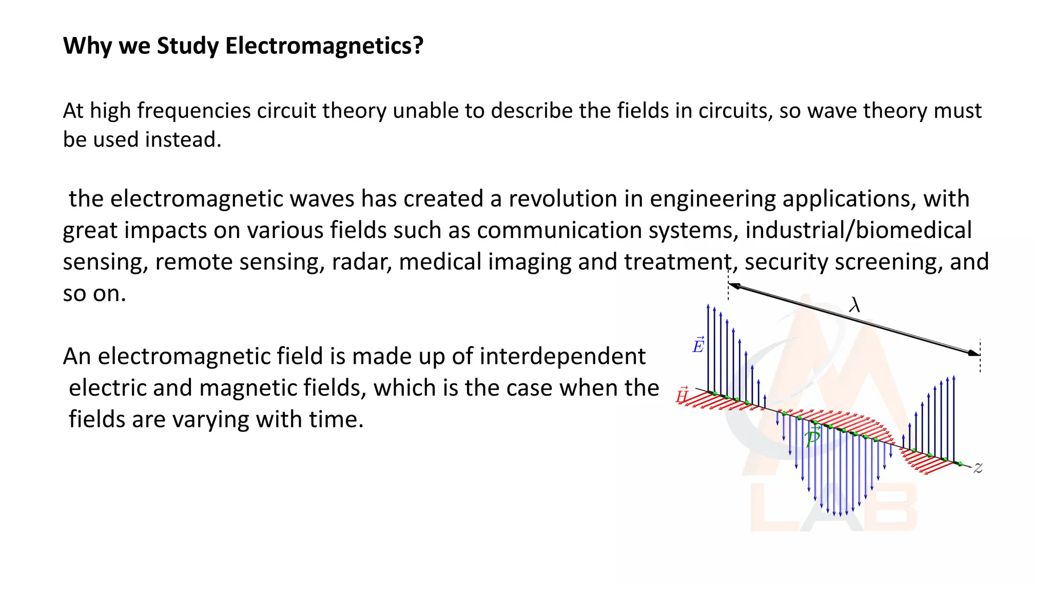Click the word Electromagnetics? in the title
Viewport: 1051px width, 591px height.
tap(324, 46)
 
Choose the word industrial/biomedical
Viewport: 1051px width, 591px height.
tap(858, 230)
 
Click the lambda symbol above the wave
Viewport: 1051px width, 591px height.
tap(854, 305)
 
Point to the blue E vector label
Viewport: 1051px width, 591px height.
tap(698, 346)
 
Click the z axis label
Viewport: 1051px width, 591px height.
tap(978, 468)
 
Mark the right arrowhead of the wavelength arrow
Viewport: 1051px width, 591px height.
tap(974, 353)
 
